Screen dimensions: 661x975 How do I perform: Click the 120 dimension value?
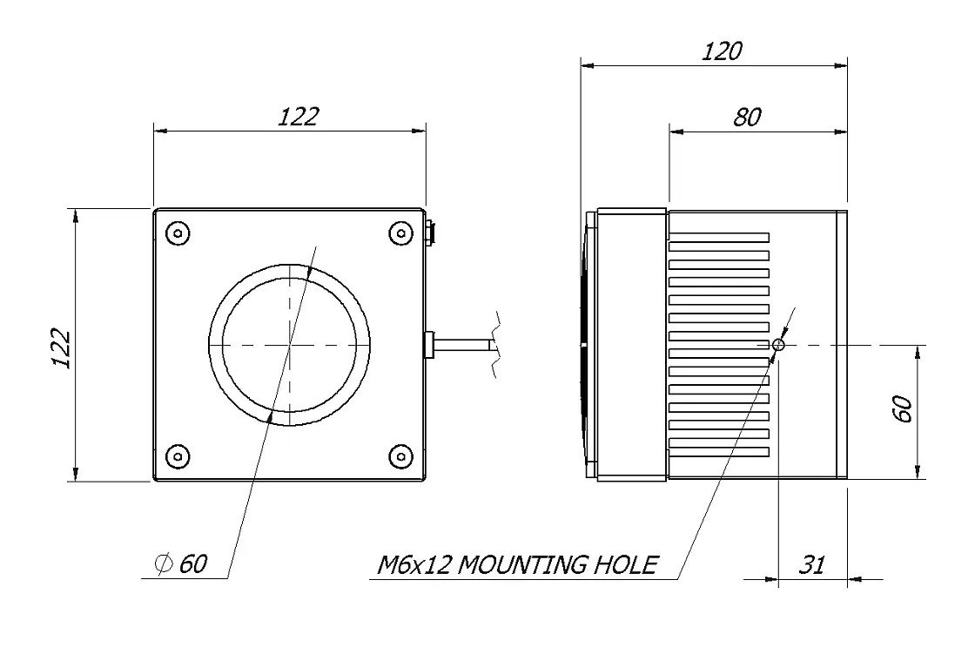(x=722, y=51)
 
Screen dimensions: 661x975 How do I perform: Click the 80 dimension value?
(x=747, y=118)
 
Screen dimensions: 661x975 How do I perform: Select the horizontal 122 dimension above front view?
(x=298, y=117)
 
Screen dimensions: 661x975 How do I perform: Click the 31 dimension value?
(x=811, y=564)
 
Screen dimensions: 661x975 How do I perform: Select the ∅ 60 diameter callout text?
(x=181, y=564)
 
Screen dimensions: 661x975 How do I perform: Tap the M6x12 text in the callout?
(x=414, y=564)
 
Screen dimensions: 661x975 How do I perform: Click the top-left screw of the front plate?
(x=178, y=233)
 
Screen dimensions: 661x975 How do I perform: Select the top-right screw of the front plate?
(x=400, y=233)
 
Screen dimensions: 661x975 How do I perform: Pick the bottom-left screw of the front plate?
(x=178, y=455)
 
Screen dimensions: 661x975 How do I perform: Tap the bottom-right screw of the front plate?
(x=400, y=455)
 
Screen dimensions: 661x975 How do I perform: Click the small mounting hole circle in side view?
(x=778, y=345)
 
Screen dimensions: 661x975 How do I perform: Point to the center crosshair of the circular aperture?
(x=288, y=345)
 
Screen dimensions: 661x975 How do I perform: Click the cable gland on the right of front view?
(x=428, y=344)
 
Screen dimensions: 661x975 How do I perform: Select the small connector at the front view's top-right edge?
(x=432, y=233)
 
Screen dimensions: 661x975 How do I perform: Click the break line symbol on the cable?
(x=495, y=344)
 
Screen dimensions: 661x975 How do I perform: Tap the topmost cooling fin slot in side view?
(x=719, y=237)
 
